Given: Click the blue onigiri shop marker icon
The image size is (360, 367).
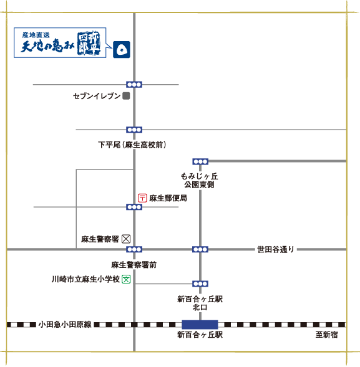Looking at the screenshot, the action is (122, 49).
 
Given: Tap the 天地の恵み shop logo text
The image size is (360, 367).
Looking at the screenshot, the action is (47, 45).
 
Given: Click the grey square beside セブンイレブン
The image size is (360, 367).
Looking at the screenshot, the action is (126, 96).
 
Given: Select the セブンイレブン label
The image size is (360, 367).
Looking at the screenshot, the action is (97, 96).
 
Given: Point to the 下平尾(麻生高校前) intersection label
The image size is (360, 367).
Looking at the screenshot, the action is (132, 145).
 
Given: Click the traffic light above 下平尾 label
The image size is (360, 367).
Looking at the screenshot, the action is (134, 130).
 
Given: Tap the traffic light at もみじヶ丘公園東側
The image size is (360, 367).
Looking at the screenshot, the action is (200, 161).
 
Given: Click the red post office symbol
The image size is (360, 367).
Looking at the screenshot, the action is (142, 198).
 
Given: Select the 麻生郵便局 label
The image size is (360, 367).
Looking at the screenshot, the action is (168, 198).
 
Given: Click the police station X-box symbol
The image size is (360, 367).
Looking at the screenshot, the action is (126, 239).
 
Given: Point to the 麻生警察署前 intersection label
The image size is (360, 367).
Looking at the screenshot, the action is (134, 265).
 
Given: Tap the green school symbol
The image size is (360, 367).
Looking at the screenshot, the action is (126, 279).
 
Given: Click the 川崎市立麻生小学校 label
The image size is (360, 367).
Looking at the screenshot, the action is (85, 279).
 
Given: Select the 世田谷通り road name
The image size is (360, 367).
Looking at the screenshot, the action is (276, 249).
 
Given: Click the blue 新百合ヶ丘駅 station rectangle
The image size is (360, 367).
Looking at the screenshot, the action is (200, 325).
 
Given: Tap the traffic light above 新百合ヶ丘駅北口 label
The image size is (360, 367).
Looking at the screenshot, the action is (200, 284).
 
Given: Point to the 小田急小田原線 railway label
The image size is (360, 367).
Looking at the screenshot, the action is (65, 325).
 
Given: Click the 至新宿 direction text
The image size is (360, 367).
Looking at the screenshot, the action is (326, 335).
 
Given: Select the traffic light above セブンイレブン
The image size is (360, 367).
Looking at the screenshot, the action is (134, 85).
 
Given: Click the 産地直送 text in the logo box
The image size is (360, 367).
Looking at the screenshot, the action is (36, 35).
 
